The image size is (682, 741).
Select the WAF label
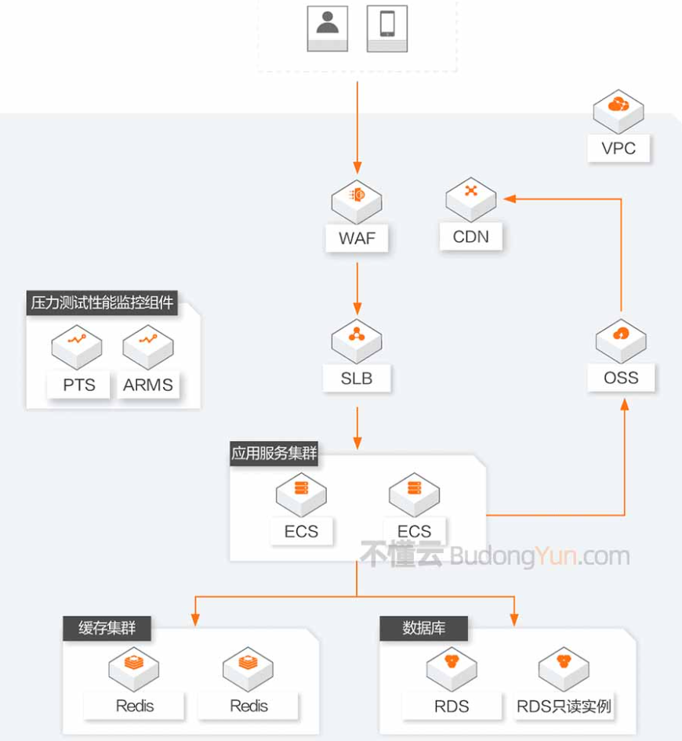click(x=357, y=238)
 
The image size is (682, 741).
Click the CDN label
click(x=470, y=237)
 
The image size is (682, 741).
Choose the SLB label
click(x=357, y=378)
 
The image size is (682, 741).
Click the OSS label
click(x=621, y=378)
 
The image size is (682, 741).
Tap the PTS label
click(x=79, y=385)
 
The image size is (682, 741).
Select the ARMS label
click(x=148, y=385)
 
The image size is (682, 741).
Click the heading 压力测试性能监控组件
click(x=102, y=303)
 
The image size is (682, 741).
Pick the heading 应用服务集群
click(x=274, y=454)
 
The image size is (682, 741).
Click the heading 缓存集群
click(x=107, y=628)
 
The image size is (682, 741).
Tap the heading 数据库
click(x=423, y=628)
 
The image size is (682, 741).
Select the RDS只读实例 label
click(x=564, y=706)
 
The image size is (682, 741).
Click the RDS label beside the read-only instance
click(x=452, y=706)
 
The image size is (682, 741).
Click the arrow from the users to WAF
click(x=357, y=125)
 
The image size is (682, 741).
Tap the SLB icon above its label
click(x=357, y=338)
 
